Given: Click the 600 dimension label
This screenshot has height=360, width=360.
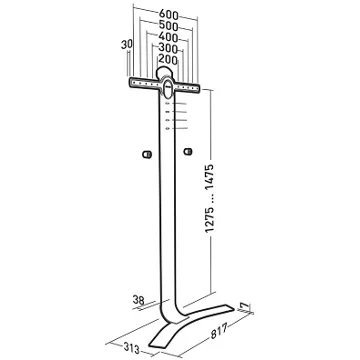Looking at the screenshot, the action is pyautogui.click(x=169, y=15).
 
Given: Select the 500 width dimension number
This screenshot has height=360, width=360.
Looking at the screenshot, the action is pyautogui.click(x=169, y=26).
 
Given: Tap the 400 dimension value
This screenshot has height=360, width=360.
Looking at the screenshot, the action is pyautogui.click(x=168, y=37).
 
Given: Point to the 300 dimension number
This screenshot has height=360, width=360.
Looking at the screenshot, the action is pyautogui.click(x=168, y=48).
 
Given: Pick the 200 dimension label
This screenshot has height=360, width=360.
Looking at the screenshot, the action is pyautogui.click(x=168, y=59).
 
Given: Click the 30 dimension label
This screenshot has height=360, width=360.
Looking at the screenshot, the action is pyautogui.click(x=127, y=44).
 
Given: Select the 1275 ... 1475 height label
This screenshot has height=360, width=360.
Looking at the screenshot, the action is pyautogui.click(x=210, y=198).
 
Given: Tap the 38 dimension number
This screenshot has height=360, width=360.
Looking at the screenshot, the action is pyautogui.click(x=139, y=300).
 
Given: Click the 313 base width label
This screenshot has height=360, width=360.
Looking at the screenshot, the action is pyautogui.click(x=131, y=348).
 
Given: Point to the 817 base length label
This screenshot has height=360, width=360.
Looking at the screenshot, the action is pyautogui.click(x=219, y=331).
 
